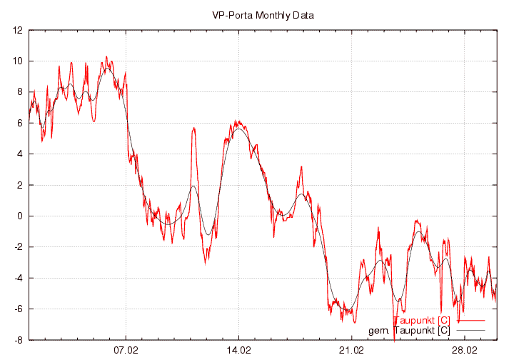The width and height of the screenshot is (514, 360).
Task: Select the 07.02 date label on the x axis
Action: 126,351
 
